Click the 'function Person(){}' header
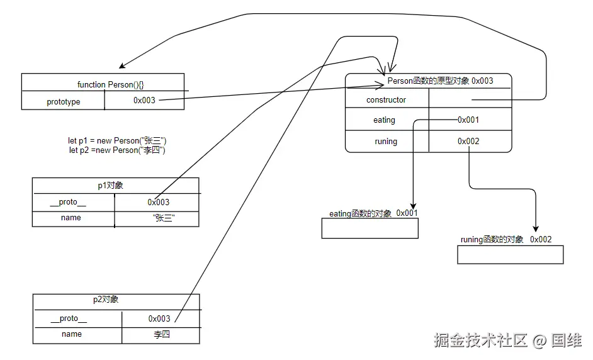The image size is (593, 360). pyautogui.click(x=115, y=84)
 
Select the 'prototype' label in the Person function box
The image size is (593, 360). pyautogui.click(x=63, y=101)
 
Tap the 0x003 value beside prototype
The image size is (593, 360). pyautogui.click(x=144, y=100)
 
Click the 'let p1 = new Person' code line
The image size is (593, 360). pyautogui.click(x=117, y=140)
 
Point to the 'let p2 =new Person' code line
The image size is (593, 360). pyautogui.click(x=117, y=150)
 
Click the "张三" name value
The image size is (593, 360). pyautogui.click(x=164, y=218)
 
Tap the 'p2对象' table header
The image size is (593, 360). pyautogui.click(x=106, y=300)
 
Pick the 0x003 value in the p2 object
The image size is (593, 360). pyautogui.click(x=159, y=318)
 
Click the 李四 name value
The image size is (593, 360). pyautogui.click(x=162, y=334)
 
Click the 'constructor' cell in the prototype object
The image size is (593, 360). pyautogui.click(x=386, y=99)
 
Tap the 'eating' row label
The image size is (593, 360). pyautogui.click(x=384, y=120)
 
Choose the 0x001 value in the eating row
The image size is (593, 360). pyautogui.click(x=468, y=120)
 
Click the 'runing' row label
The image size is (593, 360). pyautogui.click(x=385, y=141)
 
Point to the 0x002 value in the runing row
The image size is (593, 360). pyautogui.click(x=468, y=141)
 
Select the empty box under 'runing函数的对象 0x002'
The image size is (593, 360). pyautogui.click(x=510, y=254)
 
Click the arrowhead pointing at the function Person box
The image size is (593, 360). pyautogui.click(x=122, y=66)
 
